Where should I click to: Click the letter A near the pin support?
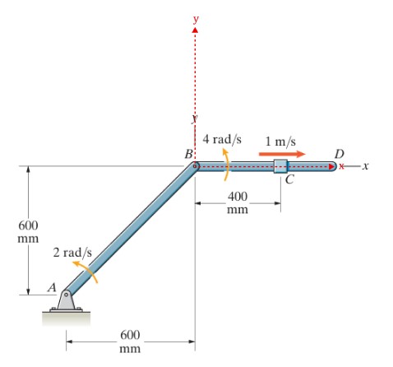(x=52, y=287)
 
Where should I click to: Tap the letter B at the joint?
(x=188, y=154)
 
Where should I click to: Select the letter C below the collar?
(x=289, y=179)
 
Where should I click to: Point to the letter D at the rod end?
(x=340, y=154)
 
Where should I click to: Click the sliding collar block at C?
(x=280, y=166)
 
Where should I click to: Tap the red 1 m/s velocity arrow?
(x=282, y=154)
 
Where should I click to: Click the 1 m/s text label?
(x=280, y=142)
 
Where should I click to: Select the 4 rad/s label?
(x=222, y=139)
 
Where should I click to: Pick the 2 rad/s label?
(x=72, y=253)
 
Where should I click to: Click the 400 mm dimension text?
(x=238, y=202)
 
